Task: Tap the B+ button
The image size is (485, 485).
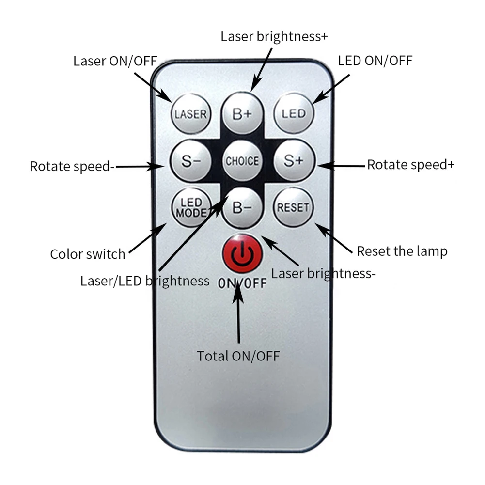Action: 242,113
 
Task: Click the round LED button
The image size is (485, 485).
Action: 294,113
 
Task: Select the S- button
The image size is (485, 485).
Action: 189,160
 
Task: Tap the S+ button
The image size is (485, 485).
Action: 294,160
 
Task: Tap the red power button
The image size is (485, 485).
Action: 242,253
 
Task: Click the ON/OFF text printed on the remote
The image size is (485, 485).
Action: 242,282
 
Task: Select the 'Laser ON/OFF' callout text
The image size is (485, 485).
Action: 115,61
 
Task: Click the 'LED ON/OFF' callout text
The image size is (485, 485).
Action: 375,61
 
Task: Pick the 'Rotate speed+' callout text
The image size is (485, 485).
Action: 411,164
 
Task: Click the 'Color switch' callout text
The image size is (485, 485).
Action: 88,254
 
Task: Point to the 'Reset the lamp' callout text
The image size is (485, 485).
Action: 402,251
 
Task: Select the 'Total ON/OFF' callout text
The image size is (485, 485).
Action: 238,356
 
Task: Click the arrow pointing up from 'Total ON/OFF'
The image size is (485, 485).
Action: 238,315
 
